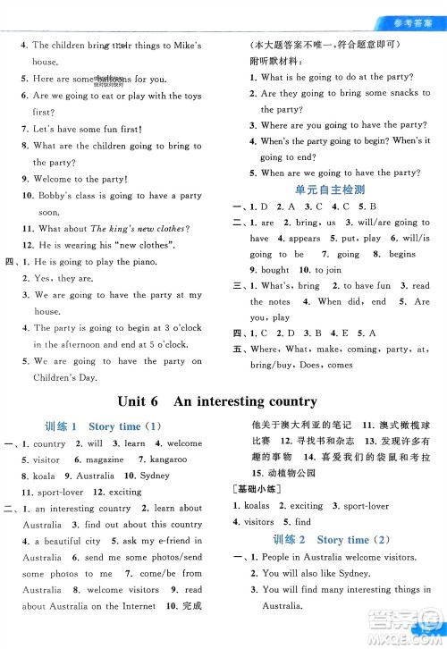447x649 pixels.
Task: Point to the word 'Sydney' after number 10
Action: click(x=155, y=476)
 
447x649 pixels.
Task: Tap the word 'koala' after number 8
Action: click(x=44, y=476)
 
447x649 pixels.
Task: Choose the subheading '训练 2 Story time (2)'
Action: click(x=330, y=540)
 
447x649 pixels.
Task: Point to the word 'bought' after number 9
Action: click(x=274, y=270)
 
